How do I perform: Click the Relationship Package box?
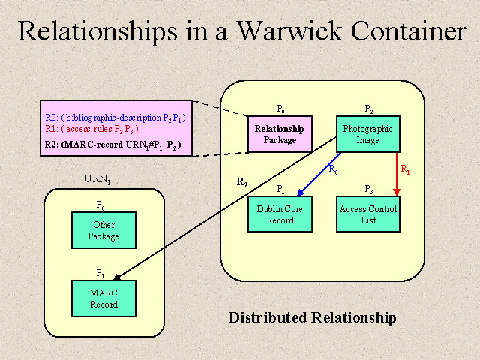(280, 134)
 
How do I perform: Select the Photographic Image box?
(367, 134)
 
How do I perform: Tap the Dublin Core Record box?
(280, 214)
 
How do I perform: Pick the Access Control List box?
(367, 214)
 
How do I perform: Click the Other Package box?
(103, 230)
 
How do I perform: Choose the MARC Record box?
(103, 298)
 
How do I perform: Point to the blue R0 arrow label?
(333, 169)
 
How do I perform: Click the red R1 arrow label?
(405, 170)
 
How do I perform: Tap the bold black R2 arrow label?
(242, 182)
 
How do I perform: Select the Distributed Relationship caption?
(312, 318)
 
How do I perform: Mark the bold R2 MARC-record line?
(112, 143)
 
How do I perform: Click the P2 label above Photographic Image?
(368, 109)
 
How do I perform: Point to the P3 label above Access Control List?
(368, 190)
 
